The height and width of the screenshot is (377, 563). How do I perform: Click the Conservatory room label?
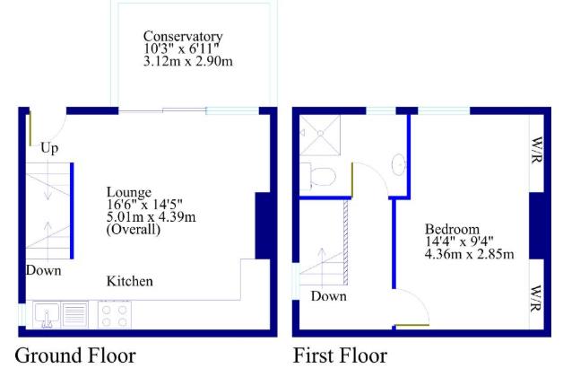(x=184, y=37)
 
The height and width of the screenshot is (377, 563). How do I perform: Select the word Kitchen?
(x=130, y=281)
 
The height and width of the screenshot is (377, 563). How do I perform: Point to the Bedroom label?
(x=453, y=228)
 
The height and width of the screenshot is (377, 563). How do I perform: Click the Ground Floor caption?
(x=76, y=355)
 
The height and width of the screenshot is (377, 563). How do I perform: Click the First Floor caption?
(x=341, y=355)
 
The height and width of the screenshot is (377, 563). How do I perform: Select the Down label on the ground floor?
(x=43, y=270)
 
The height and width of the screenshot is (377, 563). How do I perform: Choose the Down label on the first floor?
(x=328, y=296)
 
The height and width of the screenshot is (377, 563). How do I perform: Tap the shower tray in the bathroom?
(x=317, y=135)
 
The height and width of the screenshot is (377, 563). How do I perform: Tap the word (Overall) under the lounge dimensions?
(x=134, y=229)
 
